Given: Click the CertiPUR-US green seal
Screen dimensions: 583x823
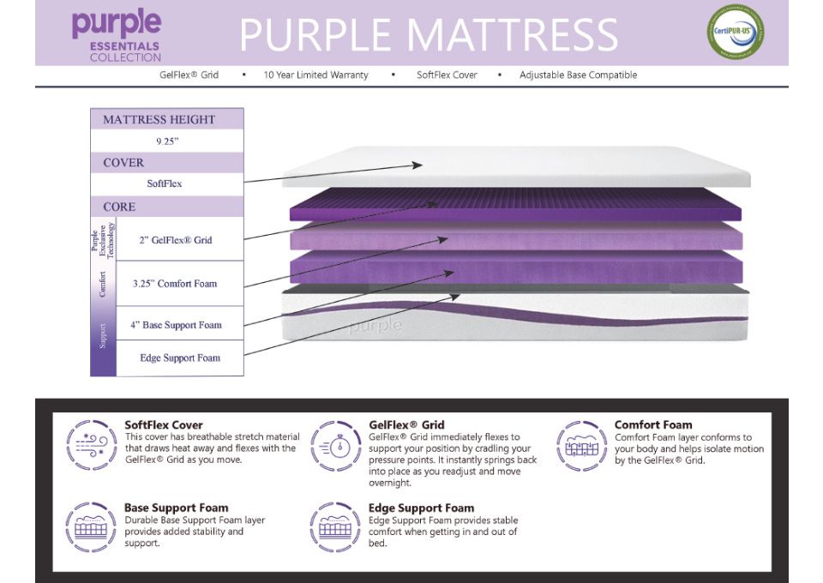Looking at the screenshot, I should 736,33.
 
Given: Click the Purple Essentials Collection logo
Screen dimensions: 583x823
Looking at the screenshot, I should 117,34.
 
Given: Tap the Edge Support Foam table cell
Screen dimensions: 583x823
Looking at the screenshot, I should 180,358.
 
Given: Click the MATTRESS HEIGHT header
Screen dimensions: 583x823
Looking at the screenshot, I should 159,119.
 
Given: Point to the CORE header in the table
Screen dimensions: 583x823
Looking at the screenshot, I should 120,207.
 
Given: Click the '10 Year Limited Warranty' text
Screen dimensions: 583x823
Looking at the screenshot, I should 315,75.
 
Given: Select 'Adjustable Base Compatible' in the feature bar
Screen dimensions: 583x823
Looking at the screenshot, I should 578,75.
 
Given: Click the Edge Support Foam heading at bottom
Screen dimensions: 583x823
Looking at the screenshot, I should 421,508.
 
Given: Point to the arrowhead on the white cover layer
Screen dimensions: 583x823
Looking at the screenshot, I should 418,165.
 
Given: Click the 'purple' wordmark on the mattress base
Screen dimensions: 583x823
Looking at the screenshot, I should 375,325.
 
